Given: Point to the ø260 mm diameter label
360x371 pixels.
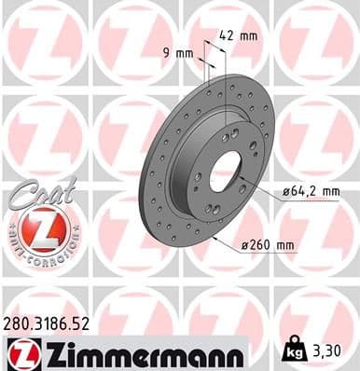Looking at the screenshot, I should (x=267, y=246).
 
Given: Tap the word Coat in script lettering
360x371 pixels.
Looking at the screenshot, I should (x=39, y=191).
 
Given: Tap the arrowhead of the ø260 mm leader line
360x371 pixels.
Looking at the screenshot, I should (x=214, y=236).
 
